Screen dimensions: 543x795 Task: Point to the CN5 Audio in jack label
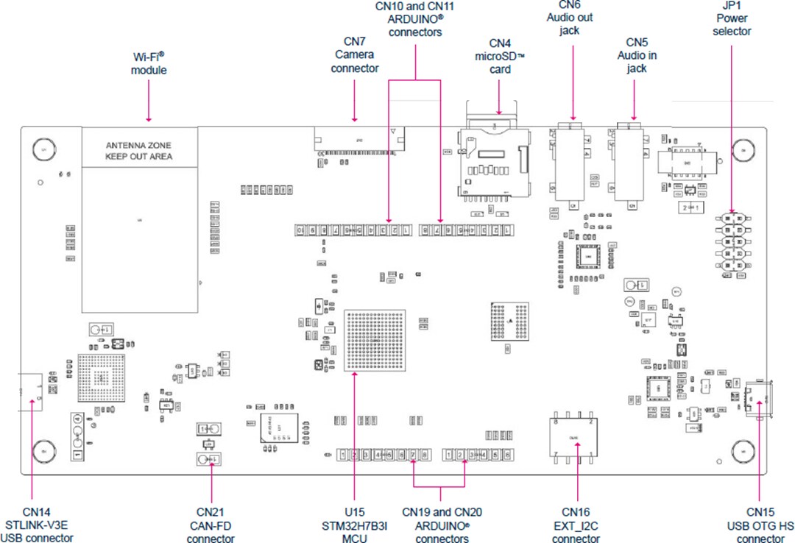(x=636, y=55)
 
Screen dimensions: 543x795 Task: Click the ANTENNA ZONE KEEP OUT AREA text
(x=138, y=151)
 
